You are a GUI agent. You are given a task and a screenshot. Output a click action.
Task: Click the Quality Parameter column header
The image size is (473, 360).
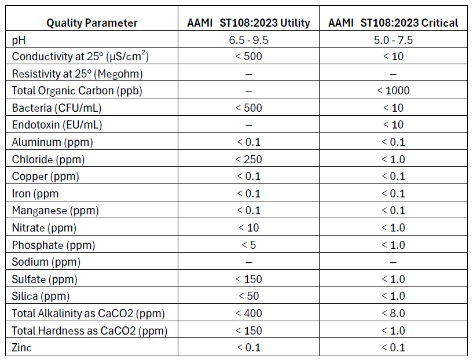[x=91, y=23]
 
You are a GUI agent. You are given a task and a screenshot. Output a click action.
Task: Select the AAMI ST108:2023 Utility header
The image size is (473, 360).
[x=248, y=23]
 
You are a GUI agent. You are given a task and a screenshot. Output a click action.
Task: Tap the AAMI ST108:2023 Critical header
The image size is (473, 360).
[x=393, y=23]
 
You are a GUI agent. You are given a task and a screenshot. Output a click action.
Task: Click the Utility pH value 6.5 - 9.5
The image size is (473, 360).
[x=248, y=40]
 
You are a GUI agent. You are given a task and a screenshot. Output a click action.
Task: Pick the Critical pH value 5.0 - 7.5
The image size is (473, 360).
[x=393, y=40]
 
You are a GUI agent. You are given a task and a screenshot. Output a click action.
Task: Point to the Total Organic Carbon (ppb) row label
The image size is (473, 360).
[x=77, y=91]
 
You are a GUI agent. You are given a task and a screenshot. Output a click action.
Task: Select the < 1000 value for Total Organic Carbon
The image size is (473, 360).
[x=393, y=91]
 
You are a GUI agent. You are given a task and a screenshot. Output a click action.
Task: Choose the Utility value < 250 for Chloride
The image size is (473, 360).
[x=248, y=159]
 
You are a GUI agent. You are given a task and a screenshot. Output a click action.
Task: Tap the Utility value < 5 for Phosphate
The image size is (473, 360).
[x=248, y=245]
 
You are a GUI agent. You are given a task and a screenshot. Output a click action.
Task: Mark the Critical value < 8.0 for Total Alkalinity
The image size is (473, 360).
[x=393, y=314]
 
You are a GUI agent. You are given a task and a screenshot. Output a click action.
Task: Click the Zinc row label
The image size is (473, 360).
[x=22, y=348]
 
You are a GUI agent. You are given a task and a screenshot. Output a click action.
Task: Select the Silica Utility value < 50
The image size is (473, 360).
[x=248, y=296]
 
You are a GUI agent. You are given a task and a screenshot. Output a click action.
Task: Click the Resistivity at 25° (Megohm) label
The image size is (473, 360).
[x=77, y=74]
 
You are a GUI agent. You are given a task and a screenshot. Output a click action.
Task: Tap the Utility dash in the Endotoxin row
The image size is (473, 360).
[x=248, y=125]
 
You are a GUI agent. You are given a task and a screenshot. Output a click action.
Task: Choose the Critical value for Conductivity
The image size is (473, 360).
[x=393, y=57]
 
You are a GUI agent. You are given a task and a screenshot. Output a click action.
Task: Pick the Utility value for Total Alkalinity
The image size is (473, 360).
[x=248, y=314]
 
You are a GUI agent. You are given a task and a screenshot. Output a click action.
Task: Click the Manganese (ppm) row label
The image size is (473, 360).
[x=55, y=211]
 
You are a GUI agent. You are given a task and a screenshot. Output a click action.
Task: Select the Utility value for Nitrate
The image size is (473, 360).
[x=248, y=228]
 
